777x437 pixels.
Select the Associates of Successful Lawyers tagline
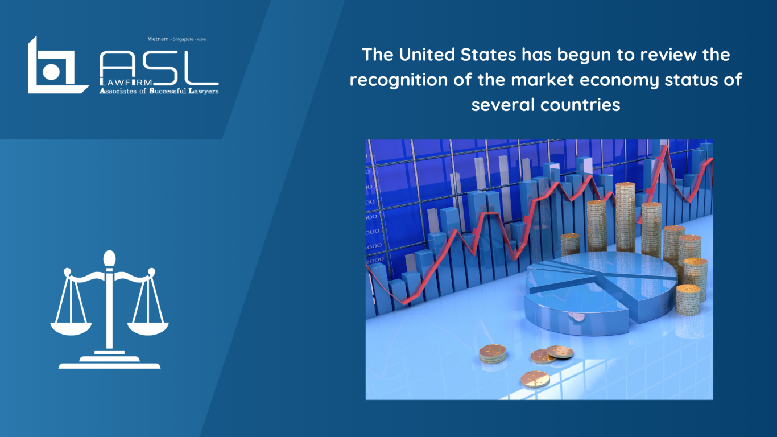click(x=159, y=91)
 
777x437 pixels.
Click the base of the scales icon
click(x=109, y=362)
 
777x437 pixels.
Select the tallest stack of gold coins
click(x=625, y=216)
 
